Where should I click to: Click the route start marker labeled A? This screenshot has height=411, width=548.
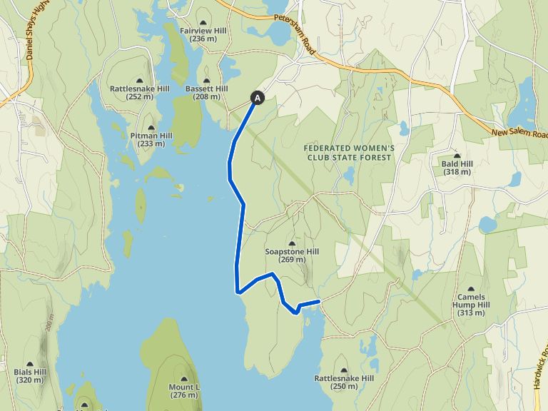point(258,98)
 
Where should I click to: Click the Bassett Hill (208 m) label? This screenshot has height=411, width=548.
point(206,92)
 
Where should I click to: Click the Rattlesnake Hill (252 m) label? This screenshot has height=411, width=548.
point(139,92)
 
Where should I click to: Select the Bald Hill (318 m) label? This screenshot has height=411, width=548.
point(457,168)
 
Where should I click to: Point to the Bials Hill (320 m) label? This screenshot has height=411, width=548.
point(29,375)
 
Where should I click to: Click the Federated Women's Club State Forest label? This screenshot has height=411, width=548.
point(349,152)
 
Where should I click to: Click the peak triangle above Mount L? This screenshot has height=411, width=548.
point(184,378)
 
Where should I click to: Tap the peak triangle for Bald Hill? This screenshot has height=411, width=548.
point(457,156)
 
